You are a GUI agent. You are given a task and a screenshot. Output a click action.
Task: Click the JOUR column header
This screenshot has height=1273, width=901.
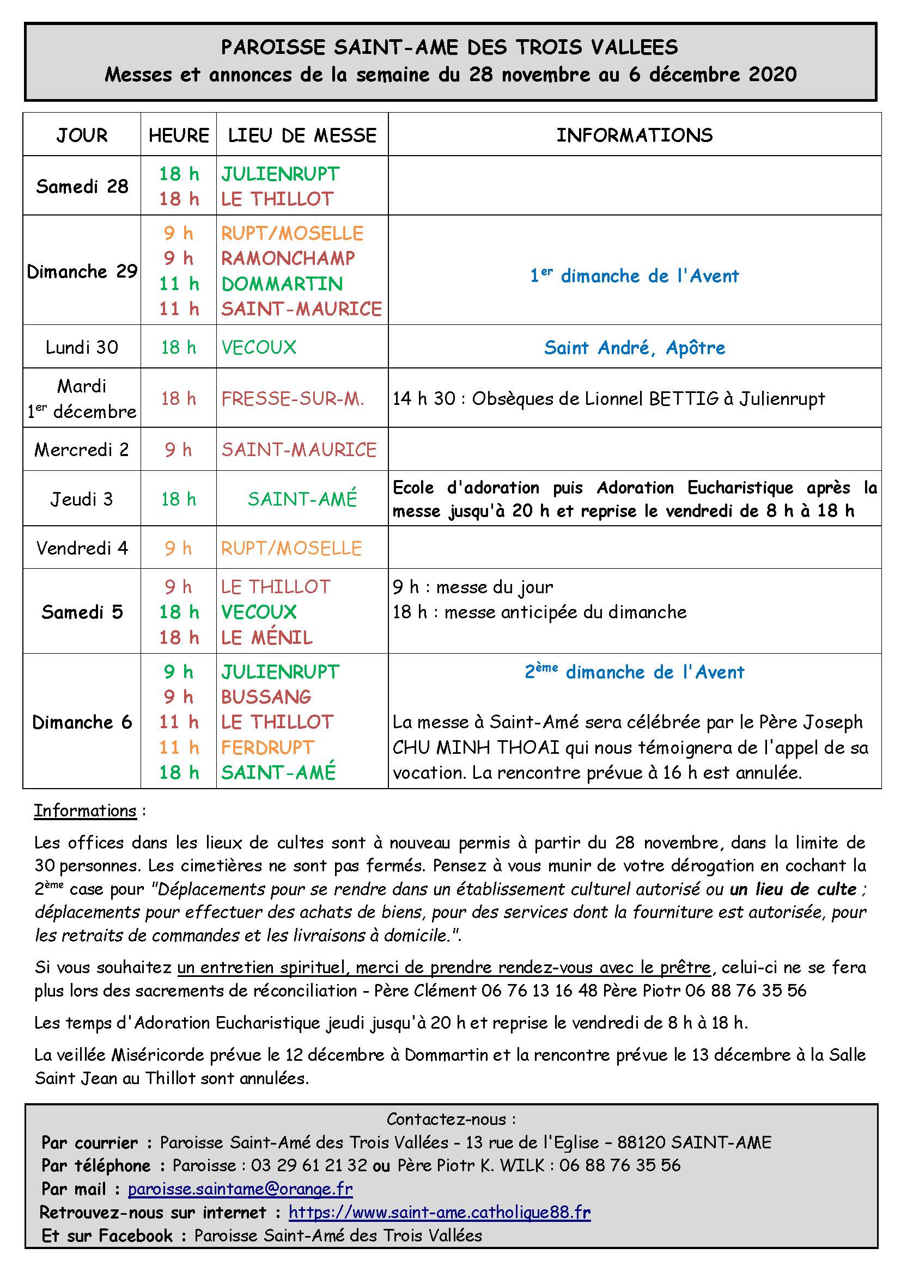(82, 136)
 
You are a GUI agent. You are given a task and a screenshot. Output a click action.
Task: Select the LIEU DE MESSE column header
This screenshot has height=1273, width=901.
(302, 136)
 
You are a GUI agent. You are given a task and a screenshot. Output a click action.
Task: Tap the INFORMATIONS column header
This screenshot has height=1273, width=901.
(634, 136)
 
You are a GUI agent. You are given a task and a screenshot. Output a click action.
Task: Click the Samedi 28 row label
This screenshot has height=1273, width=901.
(82, 186)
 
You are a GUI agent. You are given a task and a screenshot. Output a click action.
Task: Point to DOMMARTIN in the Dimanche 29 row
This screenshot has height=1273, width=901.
(282, 284)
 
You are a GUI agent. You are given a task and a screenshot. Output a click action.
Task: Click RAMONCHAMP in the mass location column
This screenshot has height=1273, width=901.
(288, 259)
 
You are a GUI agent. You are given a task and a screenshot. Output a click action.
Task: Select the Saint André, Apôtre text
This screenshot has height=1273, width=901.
(634, 348)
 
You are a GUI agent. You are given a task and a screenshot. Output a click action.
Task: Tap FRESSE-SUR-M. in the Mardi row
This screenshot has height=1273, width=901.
(293, 398)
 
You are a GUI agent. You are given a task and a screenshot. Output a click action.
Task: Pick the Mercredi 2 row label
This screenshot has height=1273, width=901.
(82, 450)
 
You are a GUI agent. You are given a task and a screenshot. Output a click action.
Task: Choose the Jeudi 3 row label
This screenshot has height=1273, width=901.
(82, 499)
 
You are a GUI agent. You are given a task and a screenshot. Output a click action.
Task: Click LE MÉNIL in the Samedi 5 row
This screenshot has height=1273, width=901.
(267, 638)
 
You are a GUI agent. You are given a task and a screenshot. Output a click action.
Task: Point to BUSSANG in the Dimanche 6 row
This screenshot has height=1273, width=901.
(266, 697)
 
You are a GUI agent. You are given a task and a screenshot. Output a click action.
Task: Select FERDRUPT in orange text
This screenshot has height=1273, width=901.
(268, 747)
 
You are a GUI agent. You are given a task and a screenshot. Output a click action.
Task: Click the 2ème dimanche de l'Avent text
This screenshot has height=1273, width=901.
(634, 672)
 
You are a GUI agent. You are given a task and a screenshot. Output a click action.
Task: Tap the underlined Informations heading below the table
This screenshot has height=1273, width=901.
(85, 810)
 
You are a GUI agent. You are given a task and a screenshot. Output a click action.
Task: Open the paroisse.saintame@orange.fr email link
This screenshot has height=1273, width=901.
(240, 1189)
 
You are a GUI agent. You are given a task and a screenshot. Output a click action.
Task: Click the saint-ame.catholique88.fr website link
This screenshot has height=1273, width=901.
(440, 1213)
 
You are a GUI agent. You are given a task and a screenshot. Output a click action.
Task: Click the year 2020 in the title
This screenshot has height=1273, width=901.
(772, 75)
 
